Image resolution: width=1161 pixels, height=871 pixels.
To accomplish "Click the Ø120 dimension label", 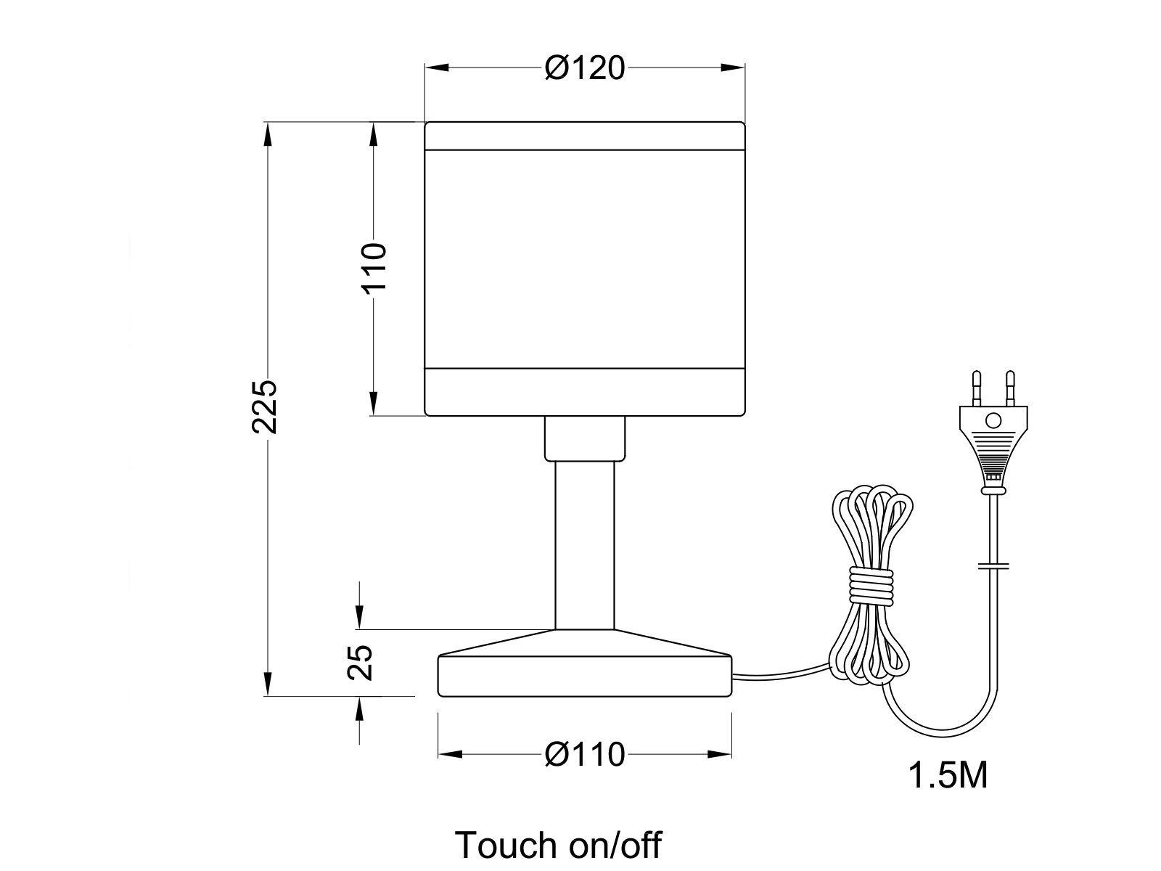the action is [x=585, y=68].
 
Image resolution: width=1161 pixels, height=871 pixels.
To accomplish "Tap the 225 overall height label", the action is [x=264, y=406].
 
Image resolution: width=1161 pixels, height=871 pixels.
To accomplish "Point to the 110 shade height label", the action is [x=374, y=266].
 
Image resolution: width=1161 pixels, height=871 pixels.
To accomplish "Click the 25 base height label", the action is [x=360, y=662].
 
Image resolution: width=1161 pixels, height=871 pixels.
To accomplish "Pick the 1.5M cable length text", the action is [x=948, y=776].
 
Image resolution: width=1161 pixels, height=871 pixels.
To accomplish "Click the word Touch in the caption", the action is [x=506, y=845].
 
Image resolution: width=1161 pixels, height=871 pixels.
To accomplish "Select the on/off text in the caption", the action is [x=615, y=845].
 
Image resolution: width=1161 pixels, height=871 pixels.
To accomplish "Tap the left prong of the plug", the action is [x=977, y=388].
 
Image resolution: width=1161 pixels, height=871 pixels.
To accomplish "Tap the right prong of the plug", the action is [x=1010, y=388].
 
